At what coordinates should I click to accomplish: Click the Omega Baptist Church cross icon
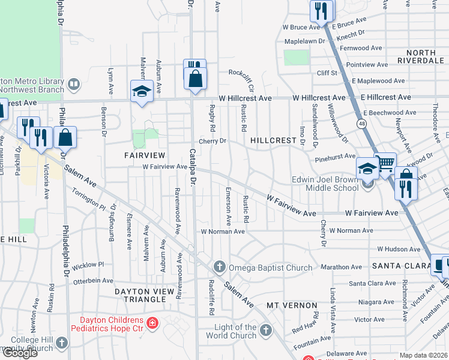coord(220,267)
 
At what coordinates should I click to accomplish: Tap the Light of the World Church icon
coord(265,329)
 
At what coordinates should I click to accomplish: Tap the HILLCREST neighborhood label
coord(274,140)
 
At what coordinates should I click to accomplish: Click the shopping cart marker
coord(385,163)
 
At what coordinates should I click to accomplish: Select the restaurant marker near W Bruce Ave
coord(321,10)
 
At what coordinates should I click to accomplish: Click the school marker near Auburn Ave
coord(141,92)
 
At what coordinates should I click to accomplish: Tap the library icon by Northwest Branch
coord(74,83)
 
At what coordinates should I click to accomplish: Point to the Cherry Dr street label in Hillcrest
coord(212,142)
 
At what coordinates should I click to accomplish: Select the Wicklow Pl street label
coord(88,264)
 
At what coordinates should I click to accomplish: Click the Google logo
coord(19,353)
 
